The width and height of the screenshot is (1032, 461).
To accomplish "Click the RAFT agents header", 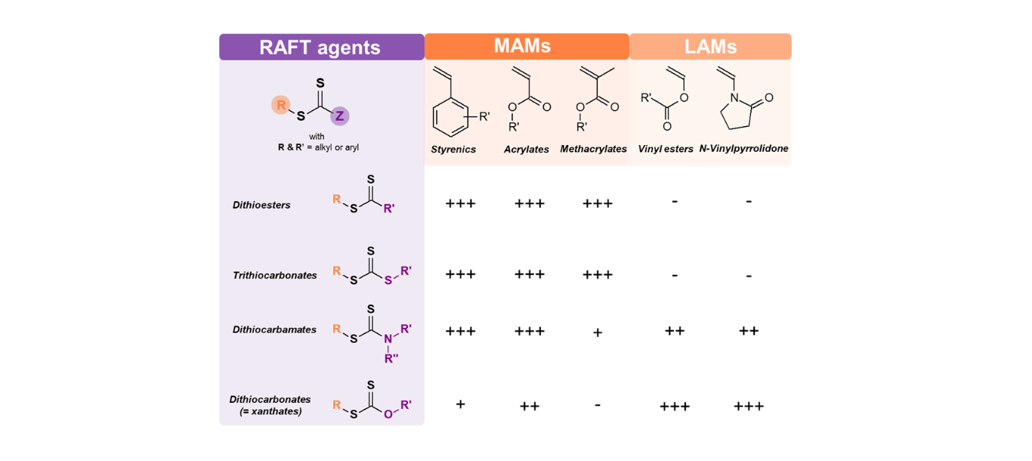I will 320,47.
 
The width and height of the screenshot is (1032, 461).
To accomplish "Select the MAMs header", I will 526,46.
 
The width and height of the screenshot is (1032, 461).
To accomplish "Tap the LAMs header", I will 710,47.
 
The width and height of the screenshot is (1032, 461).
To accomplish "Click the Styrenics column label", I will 453,149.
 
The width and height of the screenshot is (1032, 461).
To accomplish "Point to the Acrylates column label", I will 527,149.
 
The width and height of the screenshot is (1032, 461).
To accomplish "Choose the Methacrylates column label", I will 594,149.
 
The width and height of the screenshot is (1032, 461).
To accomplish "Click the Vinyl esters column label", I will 666,149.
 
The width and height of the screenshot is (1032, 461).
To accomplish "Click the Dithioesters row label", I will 261,205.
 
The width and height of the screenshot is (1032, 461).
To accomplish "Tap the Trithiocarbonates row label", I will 275,275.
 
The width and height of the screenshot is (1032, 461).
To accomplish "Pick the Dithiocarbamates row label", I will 275,330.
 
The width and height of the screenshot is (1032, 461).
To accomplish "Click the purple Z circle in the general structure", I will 340,116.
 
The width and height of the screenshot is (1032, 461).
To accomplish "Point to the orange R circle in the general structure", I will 281,105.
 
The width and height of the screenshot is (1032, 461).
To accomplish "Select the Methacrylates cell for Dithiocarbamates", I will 598,332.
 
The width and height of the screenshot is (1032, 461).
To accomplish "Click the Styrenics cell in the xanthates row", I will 460,404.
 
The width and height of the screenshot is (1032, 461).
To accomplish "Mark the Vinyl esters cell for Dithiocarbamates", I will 674,330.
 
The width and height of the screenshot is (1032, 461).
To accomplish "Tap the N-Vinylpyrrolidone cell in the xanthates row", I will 749,407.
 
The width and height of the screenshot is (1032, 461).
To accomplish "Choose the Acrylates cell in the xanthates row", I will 530,407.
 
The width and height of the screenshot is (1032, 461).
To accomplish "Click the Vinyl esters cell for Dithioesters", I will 674,202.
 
